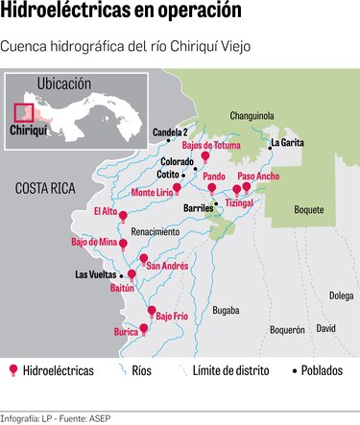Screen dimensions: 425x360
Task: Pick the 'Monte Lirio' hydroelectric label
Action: (x=152, y=192)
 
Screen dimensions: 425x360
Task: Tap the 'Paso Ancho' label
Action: (x=258, y=177)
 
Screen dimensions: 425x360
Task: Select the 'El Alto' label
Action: (x=106, y=210)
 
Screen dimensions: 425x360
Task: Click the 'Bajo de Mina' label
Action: (x=93, y=242)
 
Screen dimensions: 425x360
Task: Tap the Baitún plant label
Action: (x=122, y=287)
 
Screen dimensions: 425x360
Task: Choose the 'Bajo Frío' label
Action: (x=172, y=316)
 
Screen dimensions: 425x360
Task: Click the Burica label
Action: (x=126, y=332)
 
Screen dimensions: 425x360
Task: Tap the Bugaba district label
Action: (x=227, y=311)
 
